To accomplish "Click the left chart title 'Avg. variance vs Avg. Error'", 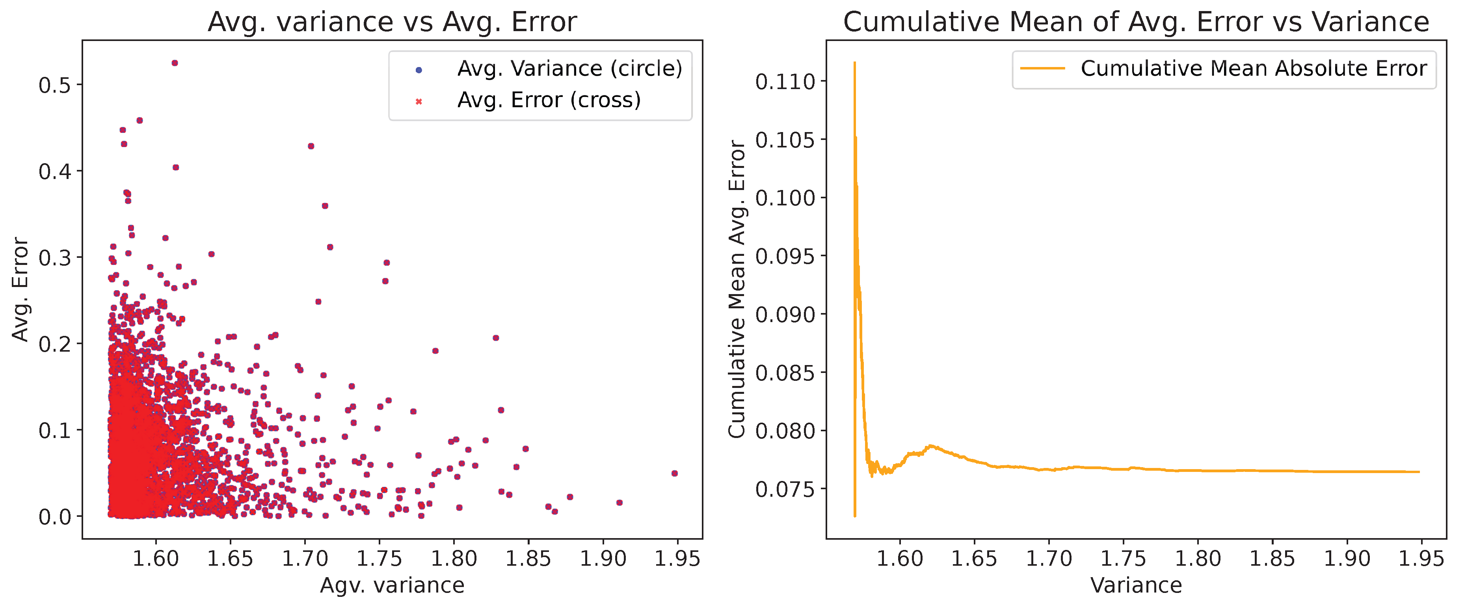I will tap(392, 22).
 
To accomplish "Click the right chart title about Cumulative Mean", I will tap(1136, 22).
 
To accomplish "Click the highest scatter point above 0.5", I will tap(175, 63).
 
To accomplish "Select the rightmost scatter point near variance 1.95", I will tap(674, 473).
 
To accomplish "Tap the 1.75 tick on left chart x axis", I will tap(379, 559).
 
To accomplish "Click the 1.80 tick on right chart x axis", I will tap(1198, 559).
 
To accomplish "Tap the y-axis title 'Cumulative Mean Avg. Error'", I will tap(737, 289).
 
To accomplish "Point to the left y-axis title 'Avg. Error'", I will tap(20, 289).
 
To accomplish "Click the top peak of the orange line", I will tap(855, 63).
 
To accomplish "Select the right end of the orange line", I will tap(1419, 472).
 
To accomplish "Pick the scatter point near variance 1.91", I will tap(619, 502).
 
